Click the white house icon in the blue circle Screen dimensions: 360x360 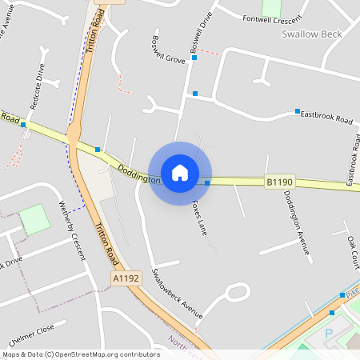180,172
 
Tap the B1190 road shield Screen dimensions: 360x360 279,182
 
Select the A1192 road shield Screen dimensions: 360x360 126,278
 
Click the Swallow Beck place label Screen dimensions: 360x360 312,34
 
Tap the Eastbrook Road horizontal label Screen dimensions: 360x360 326,118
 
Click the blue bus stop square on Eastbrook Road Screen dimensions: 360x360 297,111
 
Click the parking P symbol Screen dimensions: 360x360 328,333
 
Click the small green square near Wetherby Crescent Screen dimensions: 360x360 34,218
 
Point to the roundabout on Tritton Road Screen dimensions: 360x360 74,134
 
